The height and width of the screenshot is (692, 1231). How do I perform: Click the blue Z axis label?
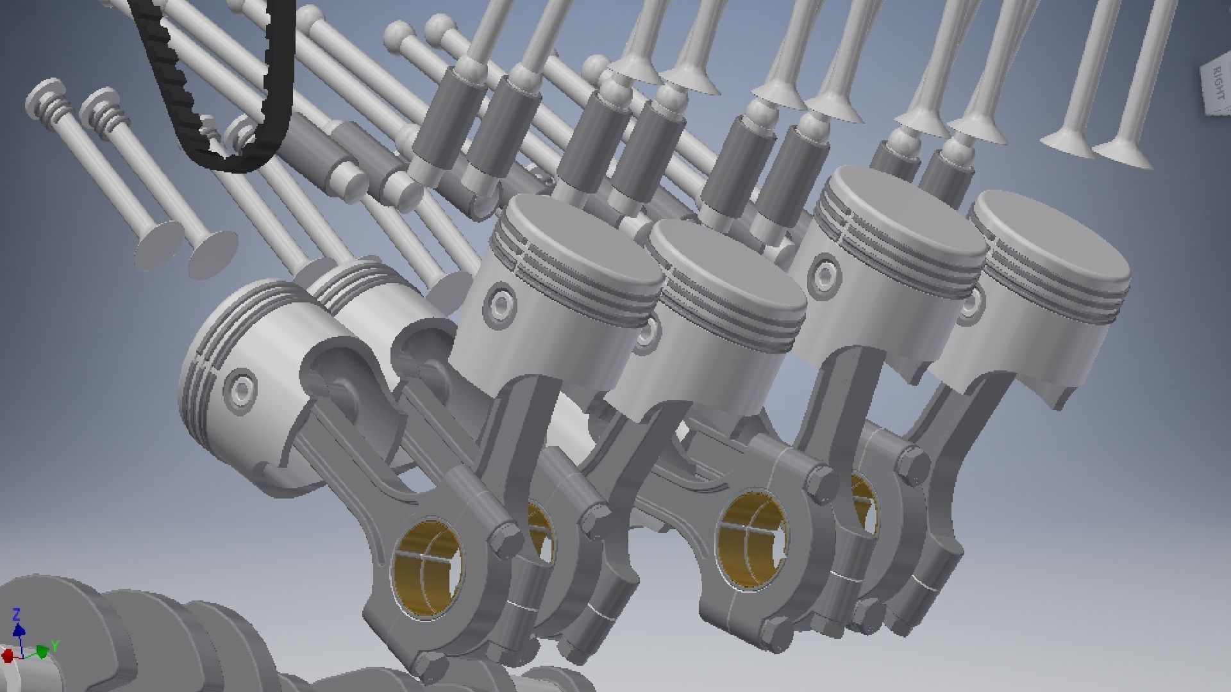tap(17, 614)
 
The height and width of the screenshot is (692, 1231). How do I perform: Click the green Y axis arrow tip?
tap(44, 652)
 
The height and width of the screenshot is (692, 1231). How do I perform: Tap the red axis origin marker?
tap(8, 656)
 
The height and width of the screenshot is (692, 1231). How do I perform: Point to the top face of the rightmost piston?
tap(1051, 237)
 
